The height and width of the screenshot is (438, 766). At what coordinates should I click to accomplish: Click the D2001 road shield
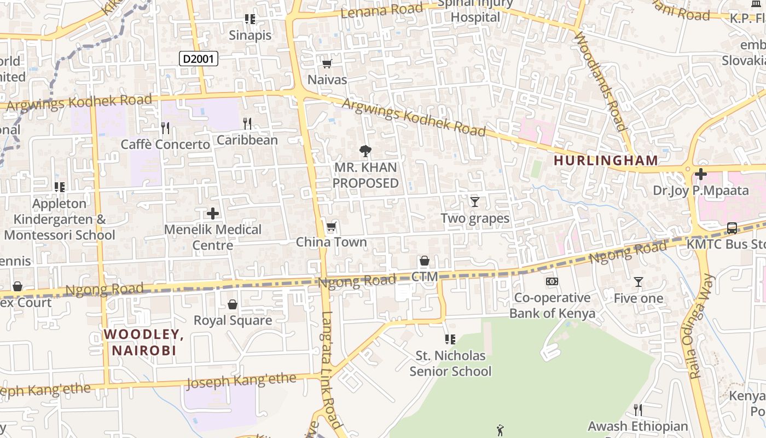coord(198,59)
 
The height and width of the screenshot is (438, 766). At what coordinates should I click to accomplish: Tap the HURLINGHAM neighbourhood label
coord(606,160)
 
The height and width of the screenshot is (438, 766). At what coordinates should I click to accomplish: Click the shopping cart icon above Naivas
coord(327,64)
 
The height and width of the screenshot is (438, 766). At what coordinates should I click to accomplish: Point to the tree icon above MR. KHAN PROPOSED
coord(365,151)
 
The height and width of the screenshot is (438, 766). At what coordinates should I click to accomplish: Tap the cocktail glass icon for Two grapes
coord(475,202)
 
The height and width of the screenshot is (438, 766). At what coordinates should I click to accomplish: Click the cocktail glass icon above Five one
coord(638,282)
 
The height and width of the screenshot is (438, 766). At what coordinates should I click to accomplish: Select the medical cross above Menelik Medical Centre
coord(213,214)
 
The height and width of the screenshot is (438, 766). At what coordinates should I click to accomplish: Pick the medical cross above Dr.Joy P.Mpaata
coord(700,175)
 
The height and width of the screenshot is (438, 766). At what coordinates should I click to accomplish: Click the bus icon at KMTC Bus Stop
coord(732,228)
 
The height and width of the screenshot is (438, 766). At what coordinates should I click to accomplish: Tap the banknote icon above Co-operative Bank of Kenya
coord(552,281)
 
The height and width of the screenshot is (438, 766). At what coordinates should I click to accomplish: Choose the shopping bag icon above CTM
coord(425,261)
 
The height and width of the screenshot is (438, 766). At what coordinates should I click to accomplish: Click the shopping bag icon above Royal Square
coord(233,304)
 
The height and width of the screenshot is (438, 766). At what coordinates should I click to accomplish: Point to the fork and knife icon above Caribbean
coord(247,124)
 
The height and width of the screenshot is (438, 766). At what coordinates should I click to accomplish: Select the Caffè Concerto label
coord(165,145)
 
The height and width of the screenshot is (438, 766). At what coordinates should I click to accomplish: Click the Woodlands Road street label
coord(600,82)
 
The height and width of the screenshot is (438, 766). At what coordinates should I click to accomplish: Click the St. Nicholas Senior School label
coord(450,364)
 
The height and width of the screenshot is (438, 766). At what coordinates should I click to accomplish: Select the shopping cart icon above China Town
coord(331,227)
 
